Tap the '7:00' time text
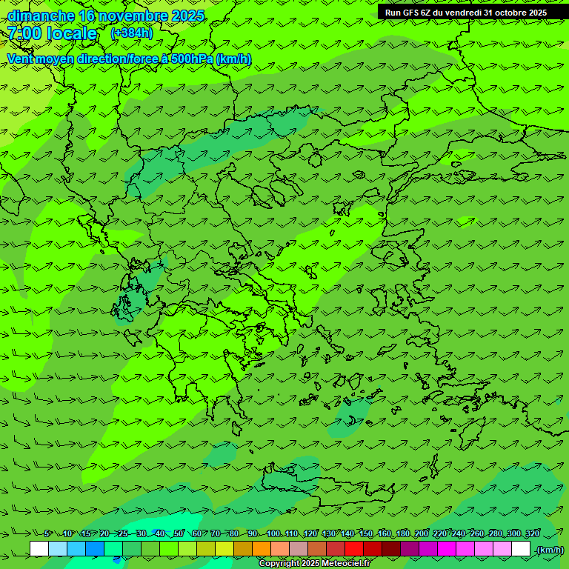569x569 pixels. coord(24,33)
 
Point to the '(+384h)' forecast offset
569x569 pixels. coord(131,33)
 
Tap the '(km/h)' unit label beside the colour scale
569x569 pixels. coord(550,550)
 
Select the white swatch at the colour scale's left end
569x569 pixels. coord(39,549)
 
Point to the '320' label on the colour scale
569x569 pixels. coord(532,533)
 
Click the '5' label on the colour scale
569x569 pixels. coord(47,533)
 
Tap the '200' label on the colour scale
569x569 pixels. coord(422,533)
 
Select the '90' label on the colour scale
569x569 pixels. coord(253,533)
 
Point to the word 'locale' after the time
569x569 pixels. coord(72,33)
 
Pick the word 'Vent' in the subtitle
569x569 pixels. coord(21,59)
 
